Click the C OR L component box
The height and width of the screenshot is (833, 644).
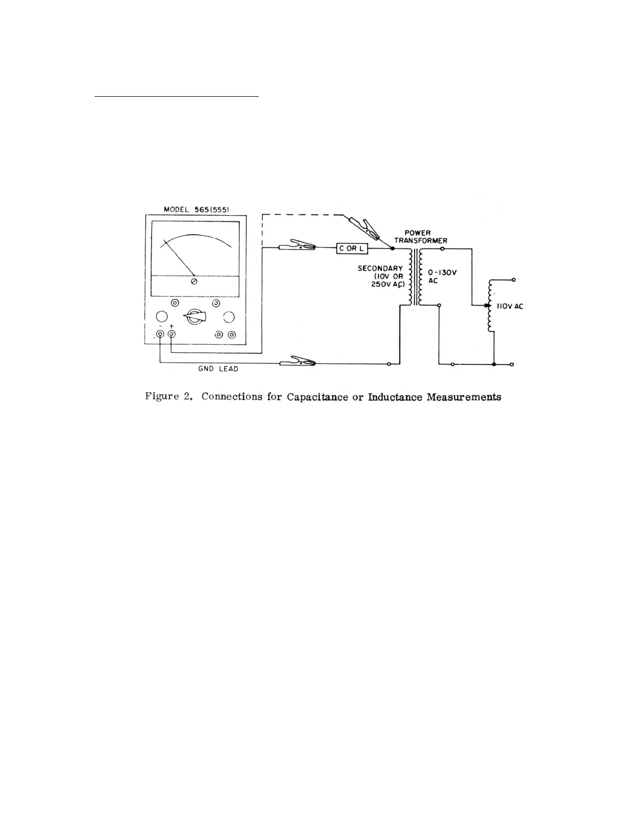[352, 248]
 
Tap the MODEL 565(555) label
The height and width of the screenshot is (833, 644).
[196, 209]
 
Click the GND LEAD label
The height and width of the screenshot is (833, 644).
[218, 369]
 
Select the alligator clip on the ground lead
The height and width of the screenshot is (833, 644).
[297, 362]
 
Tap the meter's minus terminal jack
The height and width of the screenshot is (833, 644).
[160, 334]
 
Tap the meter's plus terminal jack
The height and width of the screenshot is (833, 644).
[172, 334]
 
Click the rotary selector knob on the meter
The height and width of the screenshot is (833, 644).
[195, 317]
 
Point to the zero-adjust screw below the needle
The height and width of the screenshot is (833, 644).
[194, 282]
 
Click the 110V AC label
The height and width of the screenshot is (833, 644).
[510, 307]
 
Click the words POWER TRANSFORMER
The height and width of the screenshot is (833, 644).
[420, 237]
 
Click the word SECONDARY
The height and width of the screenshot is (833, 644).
[380, 269]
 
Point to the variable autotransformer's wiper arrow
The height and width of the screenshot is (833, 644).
[485, 305]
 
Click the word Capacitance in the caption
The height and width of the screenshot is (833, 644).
[317, 397]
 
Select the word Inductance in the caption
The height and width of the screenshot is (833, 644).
[395, 397]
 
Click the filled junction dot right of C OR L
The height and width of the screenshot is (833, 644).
[393, 248]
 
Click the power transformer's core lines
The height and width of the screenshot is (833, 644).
[416, 277]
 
